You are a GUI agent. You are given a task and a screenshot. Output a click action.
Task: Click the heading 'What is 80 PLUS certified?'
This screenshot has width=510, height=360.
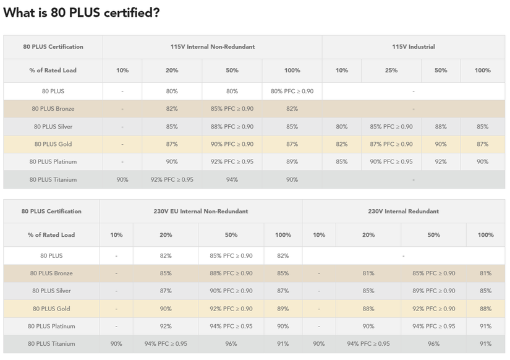click(x=81, y=13)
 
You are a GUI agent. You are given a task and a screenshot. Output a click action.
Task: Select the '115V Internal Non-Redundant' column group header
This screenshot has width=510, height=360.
click(x=212, y=47)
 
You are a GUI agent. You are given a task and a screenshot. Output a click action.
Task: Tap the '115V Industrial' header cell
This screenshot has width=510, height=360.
click(x=413, y=47)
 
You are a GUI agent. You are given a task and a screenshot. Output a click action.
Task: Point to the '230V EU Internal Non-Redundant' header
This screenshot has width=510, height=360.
click(x=200, y=212)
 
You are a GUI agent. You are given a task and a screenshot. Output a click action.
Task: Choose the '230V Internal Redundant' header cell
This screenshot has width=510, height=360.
click(x=403, y=212)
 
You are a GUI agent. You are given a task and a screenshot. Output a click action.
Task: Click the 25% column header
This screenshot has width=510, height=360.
click(x=391, y=71)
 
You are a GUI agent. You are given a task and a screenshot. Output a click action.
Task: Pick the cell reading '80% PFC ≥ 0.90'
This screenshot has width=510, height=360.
click(x=292, y=92)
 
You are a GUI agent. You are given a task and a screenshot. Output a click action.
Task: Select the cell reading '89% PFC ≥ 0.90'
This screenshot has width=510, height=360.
click(x=433, y=291)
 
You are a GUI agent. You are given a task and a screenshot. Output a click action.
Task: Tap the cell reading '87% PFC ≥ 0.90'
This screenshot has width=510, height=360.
click(x=391, y=144)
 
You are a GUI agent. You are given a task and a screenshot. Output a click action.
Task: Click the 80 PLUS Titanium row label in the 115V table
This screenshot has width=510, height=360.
click(x=53, y=180)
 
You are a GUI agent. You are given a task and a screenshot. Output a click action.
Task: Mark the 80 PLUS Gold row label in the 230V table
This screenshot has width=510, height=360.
click(x=51, y=309)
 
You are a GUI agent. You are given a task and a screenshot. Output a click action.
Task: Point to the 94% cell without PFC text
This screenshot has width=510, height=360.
click(x=232, y=180)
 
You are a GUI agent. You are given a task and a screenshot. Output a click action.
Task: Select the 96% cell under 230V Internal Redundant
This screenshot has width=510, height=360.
click(x=433, y=344)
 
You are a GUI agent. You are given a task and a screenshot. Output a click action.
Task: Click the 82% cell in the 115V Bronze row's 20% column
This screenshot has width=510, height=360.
click(x=172, y=109)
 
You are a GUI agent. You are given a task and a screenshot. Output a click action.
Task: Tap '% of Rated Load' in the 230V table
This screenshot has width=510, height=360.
click(x=51, y=235)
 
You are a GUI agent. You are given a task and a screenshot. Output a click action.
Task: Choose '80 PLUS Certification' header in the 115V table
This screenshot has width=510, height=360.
click(x=53, y=47)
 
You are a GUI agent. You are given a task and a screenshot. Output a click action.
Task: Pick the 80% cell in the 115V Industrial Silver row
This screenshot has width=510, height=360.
click(x=341, y=127)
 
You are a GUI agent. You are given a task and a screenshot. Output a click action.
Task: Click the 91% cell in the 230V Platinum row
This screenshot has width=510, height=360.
click(x=485, y=326)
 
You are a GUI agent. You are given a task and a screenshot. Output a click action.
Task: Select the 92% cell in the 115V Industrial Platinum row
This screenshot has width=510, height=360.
click(x=440, y=162)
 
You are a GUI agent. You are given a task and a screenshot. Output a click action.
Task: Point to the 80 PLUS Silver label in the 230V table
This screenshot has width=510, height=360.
click(x=51, y=291)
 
